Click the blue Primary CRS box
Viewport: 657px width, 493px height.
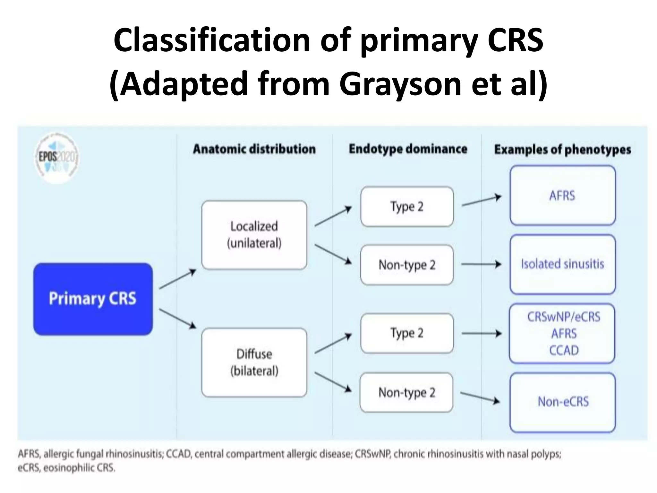93,299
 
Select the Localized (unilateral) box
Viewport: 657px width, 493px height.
254,235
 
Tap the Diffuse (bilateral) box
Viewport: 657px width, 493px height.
254,362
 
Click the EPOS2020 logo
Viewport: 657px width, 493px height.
57,158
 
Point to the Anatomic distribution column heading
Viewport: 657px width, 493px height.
254,149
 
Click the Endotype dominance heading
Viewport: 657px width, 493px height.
408,149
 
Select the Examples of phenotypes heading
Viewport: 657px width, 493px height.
562,150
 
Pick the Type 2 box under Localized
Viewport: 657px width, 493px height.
407,206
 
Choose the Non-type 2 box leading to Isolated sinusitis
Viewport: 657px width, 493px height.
407,265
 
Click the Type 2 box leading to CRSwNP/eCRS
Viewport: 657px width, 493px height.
407,333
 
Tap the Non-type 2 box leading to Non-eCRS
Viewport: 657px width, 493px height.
406,392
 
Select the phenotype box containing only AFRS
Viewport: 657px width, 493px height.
562,195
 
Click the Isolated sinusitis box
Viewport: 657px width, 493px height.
562,264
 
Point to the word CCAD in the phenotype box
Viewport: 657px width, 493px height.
564,350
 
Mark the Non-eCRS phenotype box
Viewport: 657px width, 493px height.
563,402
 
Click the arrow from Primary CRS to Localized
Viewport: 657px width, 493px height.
177,279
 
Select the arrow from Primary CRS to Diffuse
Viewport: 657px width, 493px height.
177,319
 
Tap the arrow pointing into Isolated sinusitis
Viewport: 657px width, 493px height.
481,264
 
